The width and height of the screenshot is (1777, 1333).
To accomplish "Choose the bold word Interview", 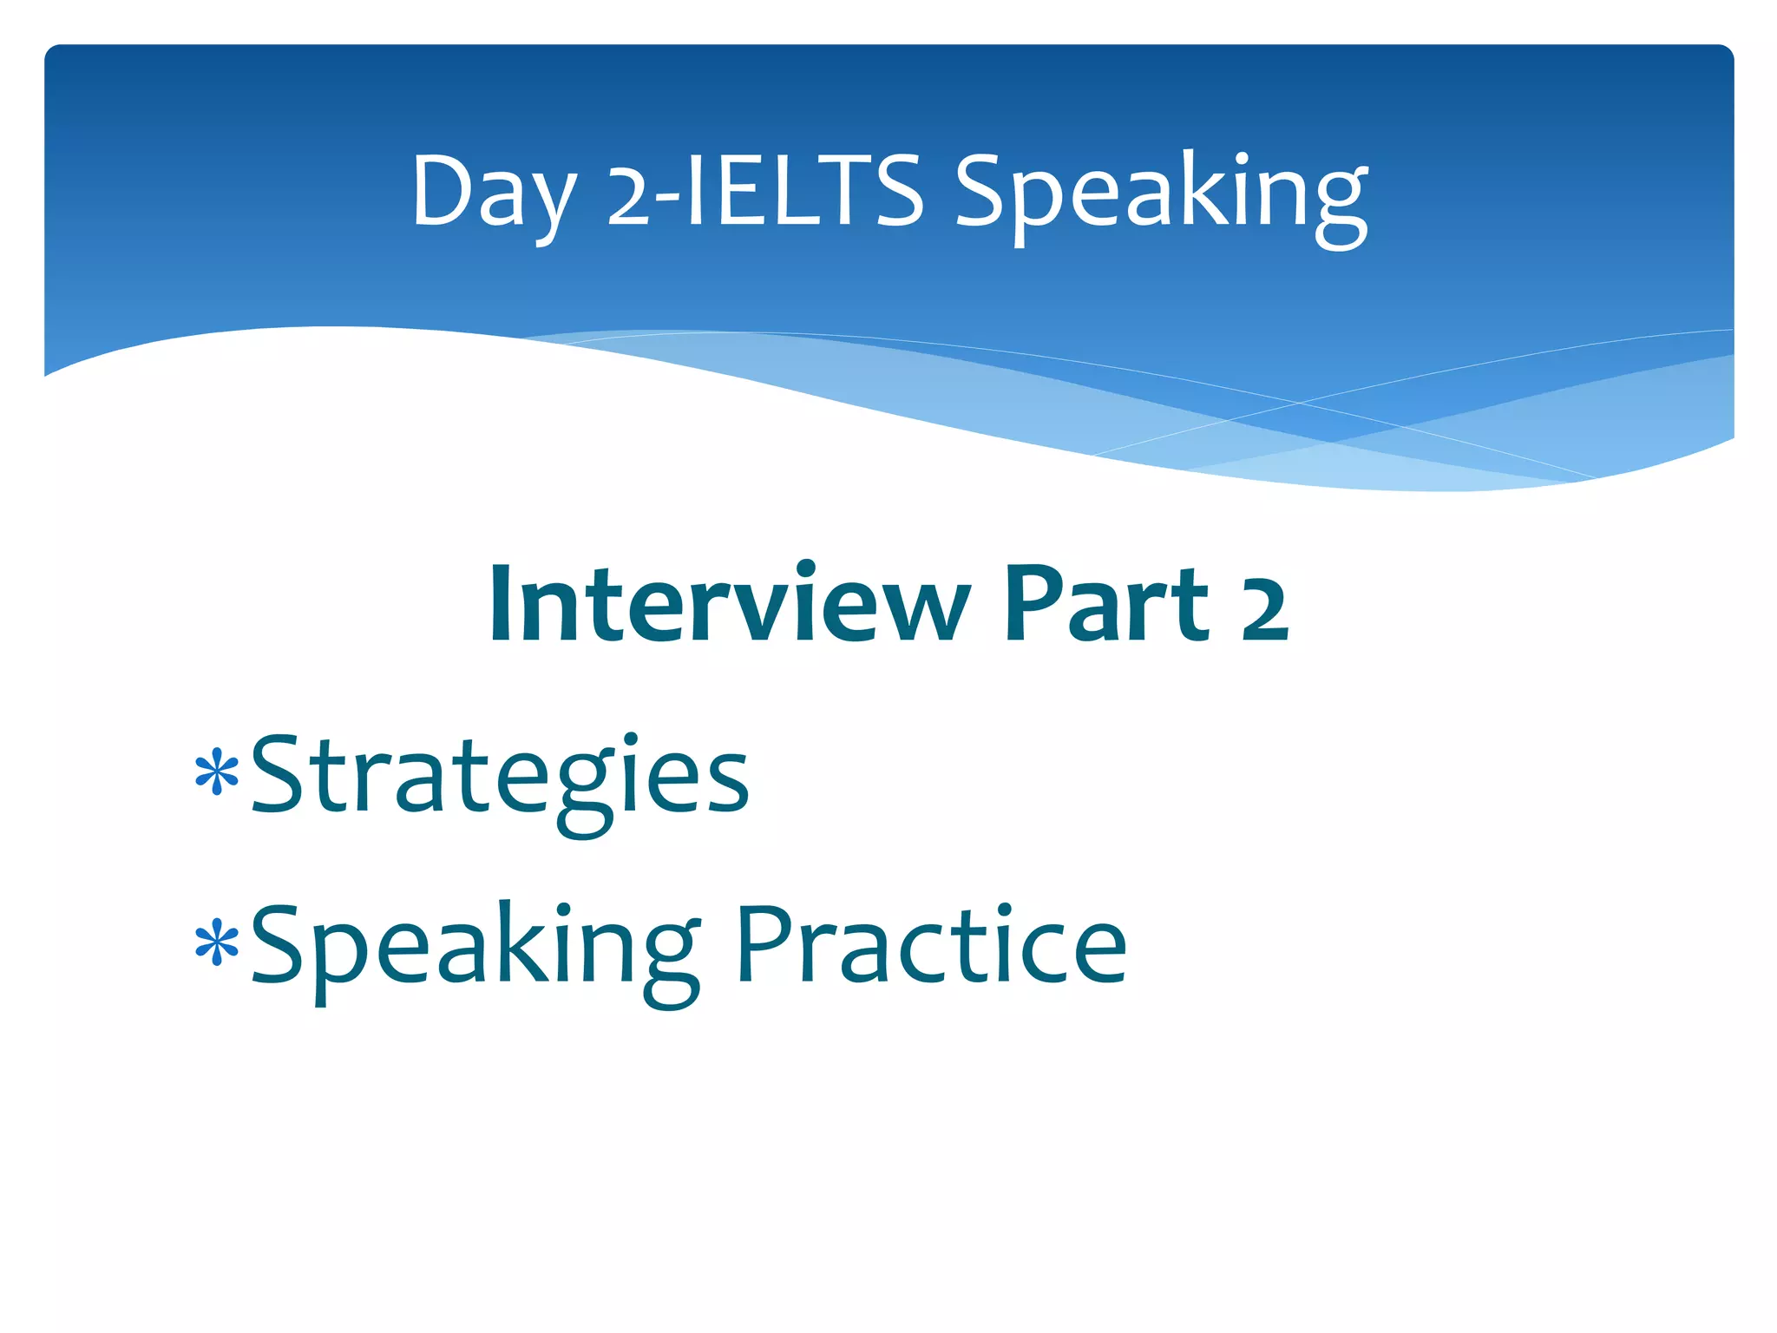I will [x=729, y=603].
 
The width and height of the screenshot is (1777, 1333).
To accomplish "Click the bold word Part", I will [x=1105, y=603].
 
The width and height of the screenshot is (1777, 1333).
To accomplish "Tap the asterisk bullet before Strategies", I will [x=217, y=774].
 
